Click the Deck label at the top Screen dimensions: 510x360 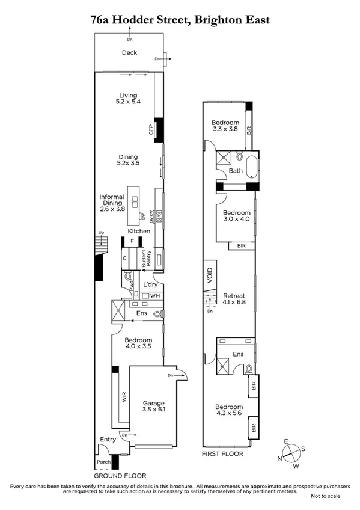click(129, 53)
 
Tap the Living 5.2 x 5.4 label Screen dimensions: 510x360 click(128, 99)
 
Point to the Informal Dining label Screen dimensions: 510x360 click(112, 203)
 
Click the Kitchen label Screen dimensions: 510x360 click(139, 231)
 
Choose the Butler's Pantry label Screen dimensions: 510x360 click(144, 258)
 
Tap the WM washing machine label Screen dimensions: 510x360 click(155, 296)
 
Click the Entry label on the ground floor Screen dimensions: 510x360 click(108, 440)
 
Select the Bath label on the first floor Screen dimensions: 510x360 click(236, 171)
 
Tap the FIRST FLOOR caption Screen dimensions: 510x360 click(222, 454)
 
